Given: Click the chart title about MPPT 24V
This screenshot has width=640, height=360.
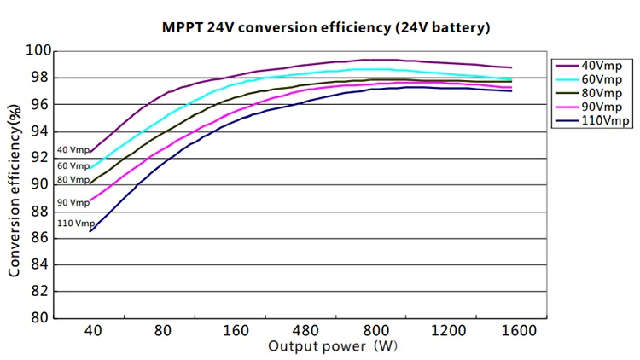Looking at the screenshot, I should (x=326, y=27).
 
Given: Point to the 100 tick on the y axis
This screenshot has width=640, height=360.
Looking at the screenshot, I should (x=36, y=51).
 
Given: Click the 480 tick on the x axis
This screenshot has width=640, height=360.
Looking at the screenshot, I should (x=305, y=331).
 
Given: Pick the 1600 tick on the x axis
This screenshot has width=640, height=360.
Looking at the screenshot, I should (x=518, y=331).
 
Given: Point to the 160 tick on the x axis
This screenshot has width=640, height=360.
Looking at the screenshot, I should (x=234, y=331).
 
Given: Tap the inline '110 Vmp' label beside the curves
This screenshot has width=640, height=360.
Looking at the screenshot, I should (x=76, y=224).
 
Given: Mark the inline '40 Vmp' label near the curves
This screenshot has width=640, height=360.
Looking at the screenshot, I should (x=73, y=150).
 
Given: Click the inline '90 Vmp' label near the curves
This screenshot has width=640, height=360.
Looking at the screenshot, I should (x=73, y=203).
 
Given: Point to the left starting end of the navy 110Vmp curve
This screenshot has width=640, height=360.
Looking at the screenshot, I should (x=90, y=231).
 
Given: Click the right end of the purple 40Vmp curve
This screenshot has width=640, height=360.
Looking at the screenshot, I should (x=512, y=67).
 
